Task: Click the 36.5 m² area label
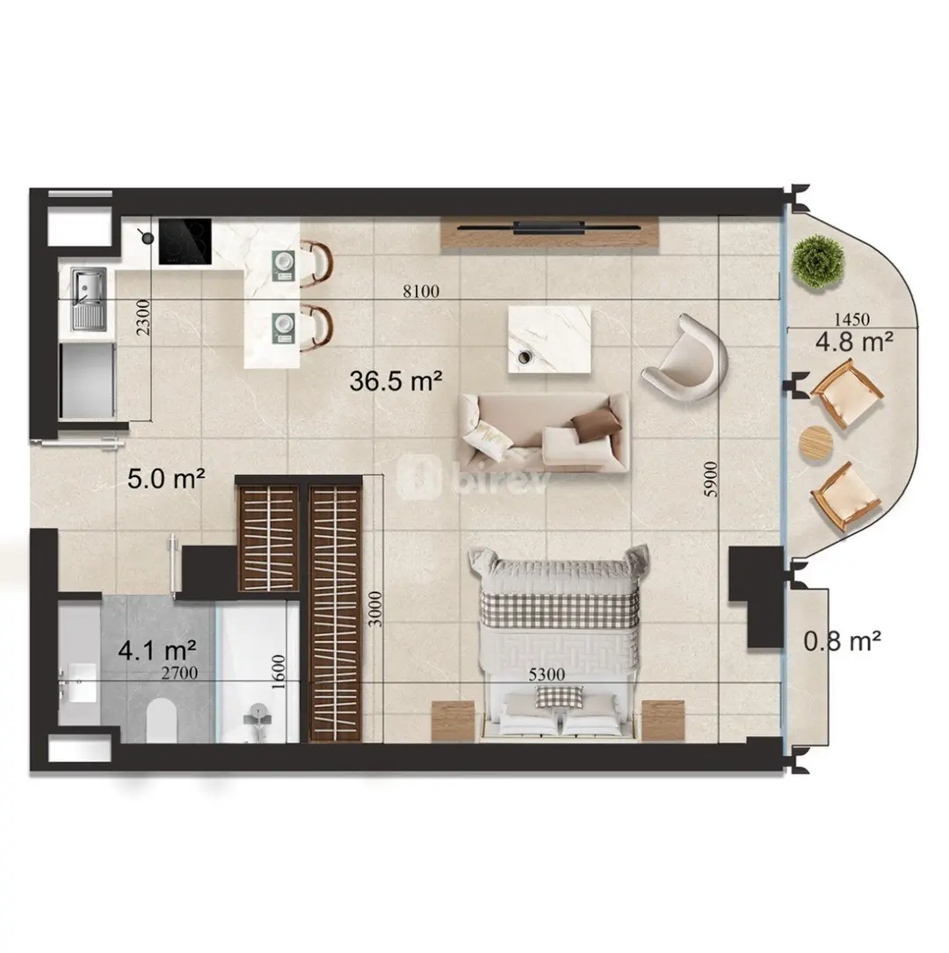(395, 381)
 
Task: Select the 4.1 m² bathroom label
(157, 651)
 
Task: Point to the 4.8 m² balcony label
(854, 342)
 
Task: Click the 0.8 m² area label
(843, 640)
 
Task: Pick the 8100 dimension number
(421, 291)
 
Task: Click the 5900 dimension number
(711, 479)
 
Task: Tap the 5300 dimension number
(547, 674)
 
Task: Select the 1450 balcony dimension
(851, 319)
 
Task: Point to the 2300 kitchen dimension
(142, 317)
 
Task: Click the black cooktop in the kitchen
(185, 242)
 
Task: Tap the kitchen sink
(89, 300)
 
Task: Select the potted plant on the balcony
(819, 262)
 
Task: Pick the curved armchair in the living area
(685, 357)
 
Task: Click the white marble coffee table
(549, 338)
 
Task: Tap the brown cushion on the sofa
(595, 423)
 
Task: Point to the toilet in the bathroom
(162, 719)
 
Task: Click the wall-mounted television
(549, 227)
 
